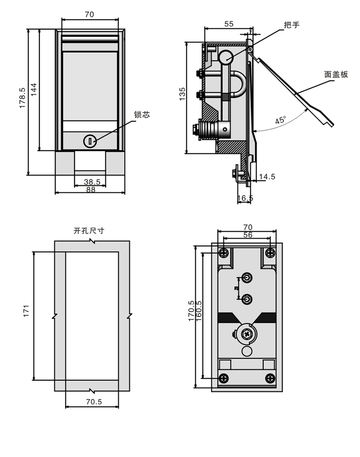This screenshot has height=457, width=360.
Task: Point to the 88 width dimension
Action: pyautogui.click(x=90, y=189)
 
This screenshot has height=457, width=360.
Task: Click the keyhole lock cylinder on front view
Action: pyautogui.click(x=90, y=141)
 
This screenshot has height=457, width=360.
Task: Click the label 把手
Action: pyautogui.click(x=291, y=25)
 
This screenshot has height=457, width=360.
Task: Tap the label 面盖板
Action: pyautogui.click(x=336, y=74)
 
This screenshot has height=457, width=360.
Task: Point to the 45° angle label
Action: pyautogui.click(x=281, y=120)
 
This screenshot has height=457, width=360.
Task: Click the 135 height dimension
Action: pyautogui.click(x=182, y=94)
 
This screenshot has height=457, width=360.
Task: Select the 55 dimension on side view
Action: pyautogui.click(x=229, y=24)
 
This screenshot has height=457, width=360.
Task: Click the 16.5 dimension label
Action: pyautogui.click(x=245, y=198)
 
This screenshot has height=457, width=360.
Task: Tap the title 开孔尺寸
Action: pyautogui.click(x=89, y=231)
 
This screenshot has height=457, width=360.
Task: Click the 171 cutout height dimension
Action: pyautogui.click(x=26, y=310)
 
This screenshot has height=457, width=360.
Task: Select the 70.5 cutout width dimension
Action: pyautogui.click(x=93, y=402)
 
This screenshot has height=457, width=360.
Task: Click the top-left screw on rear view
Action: pyautogui.click(x=223, y=252)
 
